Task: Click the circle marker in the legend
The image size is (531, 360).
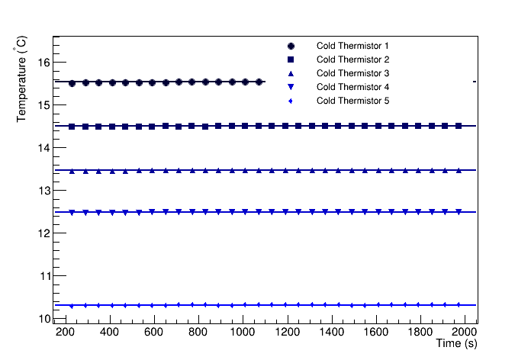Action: [x=291, y=46]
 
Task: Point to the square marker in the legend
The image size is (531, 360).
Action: [x=291, y=59]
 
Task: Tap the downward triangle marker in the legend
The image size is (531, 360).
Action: [x=291, y=87]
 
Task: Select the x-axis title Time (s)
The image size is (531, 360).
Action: [x=456, y=345]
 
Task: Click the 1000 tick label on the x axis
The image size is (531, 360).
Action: [x=242, y=333]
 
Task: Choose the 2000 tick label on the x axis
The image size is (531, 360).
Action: [x=463, y=333]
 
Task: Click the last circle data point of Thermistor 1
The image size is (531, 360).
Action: [x=259, y=82]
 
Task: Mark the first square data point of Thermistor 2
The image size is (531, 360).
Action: [x=72, y=127]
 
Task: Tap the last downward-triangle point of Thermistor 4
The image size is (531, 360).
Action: [x=459, y=212]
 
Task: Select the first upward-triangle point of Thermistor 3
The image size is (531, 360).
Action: [x=72, y=172]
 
